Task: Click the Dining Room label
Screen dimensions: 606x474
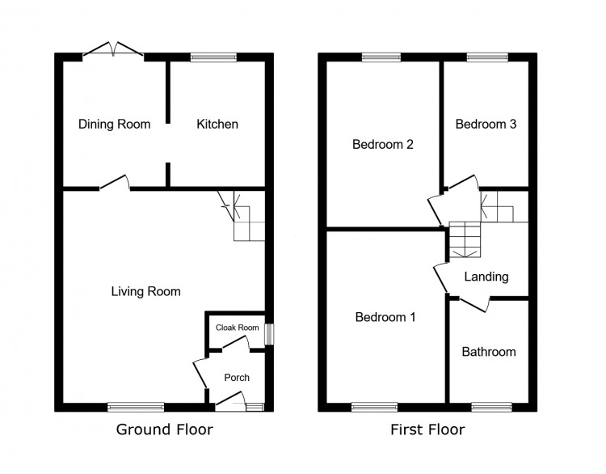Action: (115, 125)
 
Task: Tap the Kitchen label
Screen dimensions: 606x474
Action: (217, 125)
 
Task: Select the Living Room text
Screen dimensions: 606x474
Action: (146, 291)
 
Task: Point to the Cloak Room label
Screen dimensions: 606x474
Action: (238, 328)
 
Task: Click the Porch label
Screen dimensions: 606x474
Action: (237, 377)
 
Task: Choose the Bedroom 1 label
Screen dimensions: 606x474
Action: (385, 317)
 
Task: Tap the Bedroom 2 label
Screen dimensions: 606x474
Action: (383, 144)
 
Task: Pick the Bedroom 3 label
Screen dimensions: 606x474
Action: (486, 125)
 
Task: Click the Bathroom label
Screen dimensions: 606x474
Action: (489, 352)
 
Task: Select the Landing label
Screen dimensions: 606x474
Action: (486, 277)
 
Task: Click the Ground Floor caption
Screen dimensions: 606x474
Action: (165, 430)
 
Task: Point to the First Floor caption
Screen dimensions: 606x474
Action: (427, 430)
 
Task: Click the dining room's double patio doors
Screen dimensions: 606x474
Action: (113, 50)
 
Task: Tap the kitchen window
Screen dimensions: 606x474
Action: (213, 57)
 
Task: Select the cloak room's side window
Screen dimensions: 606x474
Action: (269, 334)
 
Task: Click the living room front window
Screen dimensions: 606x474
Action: (136, 407)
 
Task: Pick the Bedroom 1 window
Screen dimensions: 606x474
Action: (374, 407)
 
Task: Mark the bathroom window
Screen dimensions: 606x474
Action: (491, 407)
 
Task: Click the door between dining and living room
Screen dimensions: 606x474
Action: (115, 183)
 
